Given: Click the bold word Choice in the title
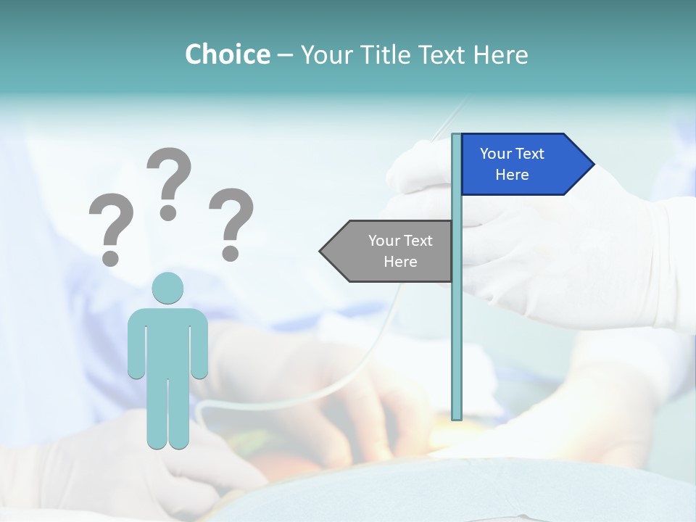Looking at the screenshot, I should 227,54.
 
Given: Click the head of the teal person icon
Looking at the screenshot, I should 167,288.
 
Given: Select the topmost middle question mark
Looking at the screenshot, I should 169,183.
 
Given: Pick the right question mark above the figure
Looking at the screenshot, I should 231,223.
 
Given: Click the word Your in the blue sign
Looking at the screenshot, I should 496,154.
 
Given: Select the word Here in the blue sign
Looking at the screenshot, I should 512,175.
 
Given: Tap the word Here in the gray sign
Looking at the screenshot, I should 400,262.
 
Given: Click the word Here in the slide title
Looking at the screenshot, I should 500,54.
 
